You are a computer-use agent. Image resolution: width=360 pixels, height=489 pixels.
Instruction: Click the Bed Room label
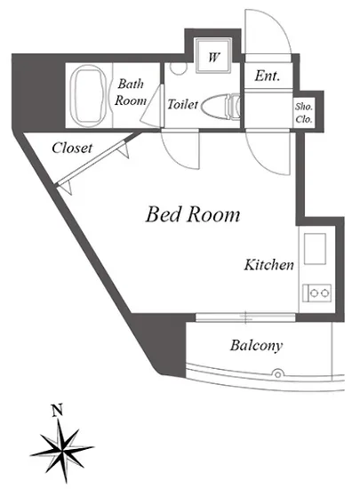pyautogui.click(x=193, y=215)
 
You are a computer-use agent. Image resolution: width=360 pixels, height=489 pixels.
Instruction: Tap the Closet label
pyautogui.click(x=72, y=148)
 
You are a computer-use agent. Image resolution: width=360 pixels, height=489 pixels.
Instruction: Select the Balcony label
pyautogui.click(x=257, y=346)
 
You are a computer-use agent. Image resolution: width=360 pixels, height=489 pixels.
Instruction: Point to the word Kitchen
pyautogui.click(x=268, y=265)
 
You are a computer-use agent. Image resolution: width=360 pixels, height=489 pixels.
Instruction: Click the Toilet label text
pyautogui.click(x=182, y=104)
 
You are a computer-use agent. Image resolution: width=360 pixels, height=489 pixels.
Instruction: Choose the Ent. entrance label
pyautogui.click(x=267, y=76)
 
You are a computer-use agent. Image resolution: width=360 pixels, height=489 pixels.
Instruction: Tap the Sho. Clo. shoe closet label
pyautogui.click(x=304, y=113)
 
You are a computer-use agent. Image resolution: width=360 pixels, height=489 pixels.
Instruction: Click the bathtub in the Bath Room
pyautogui.click(x=89, y=96)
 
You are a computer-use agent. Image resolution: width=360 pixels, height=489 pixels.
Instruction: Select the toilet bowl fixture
pyautogui.click(x=220, y=106)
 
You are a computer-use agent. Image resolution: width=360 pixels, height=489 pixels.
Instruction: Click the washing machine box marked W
pyautogui.click(x=213, y=55)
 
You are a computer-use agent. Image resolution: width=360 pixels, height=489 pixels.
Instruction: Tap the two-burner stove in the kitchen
pyautogui.click(x=316, y=293)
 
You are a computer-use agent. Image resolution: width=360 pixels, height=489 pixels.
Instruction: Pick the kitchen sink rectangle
pyautogui.click(x=316, y=249)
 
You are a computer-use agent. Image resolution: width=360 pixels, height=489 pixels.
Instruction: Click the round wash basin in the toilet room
pyautogui.click(x=178, y=68)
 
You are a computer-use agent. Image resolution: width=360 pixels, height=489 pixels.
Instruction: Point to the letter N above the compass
pyautogui.click(x=57, y=411)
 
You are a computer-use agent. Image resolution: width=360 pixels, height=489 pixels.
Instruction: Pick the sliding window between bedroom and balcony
pyautogui.click(x=245, y=317)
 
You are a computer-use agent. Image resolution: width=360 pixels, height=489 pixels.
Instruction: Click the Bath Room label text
pyautogui.click(x=131, y=92)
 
